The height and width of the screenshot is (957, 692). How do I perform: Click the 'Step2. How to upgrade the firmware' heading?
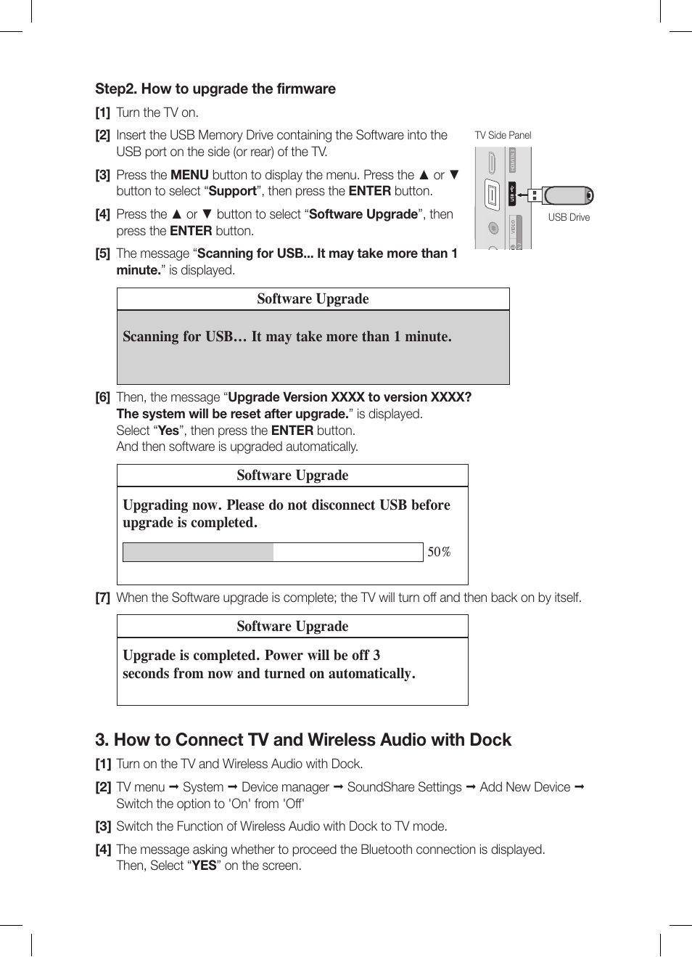[x=215, y=89]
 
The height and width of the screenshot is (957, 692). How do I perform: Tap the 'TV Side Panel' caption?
[x=503, y=135]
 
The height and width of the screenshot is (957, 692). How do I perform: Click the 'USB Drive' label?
[x=569, y=217]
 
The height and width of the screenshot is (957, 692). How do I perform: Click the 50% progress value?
[x=439, y=552]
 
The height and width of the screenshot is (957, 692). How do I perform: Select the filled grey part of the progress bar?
[x=198, y=552]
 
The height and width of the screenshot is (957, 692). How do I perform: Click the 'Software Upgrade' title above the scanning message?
[x=313, y=299]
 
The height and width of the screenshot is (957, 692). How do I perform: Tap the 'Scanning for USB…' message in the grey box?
[x=287, y=336]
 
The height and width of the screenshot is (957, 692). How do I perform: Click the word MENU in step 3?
[x=189, y=175]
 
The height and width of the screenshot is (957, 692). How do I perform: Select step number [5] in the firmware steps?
[x=102, y=253]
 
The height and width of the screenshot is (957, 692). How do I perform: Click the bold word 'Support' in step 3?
[x=232, y=191]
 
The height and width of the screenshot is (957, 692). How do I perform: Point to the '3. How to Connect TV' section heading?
[x=302, y=740]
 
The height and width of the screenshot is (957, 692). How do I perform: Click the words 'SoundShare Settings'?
[x=404, y=787]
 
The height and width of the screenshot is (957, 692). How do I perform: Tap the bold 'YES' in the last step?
[x=204, y=866]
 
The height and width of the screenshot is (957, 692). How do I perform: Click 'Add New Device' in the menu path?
[x=524, y=787]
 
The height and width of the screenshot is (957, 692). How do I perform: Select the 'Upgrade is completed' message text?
[x=268, y=664]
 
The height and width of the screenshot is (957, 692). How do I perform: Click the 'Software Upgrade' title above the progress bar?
[x=292, y=476]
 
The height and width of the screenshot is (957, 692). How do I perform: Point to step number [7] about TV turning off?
[x=102, y=598]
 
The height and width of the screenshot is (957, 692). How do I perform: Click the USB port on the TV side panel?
[x=493, y=195]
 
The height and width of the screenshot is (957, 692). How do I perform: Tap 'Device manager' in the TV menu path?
[x=285, y=787]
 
